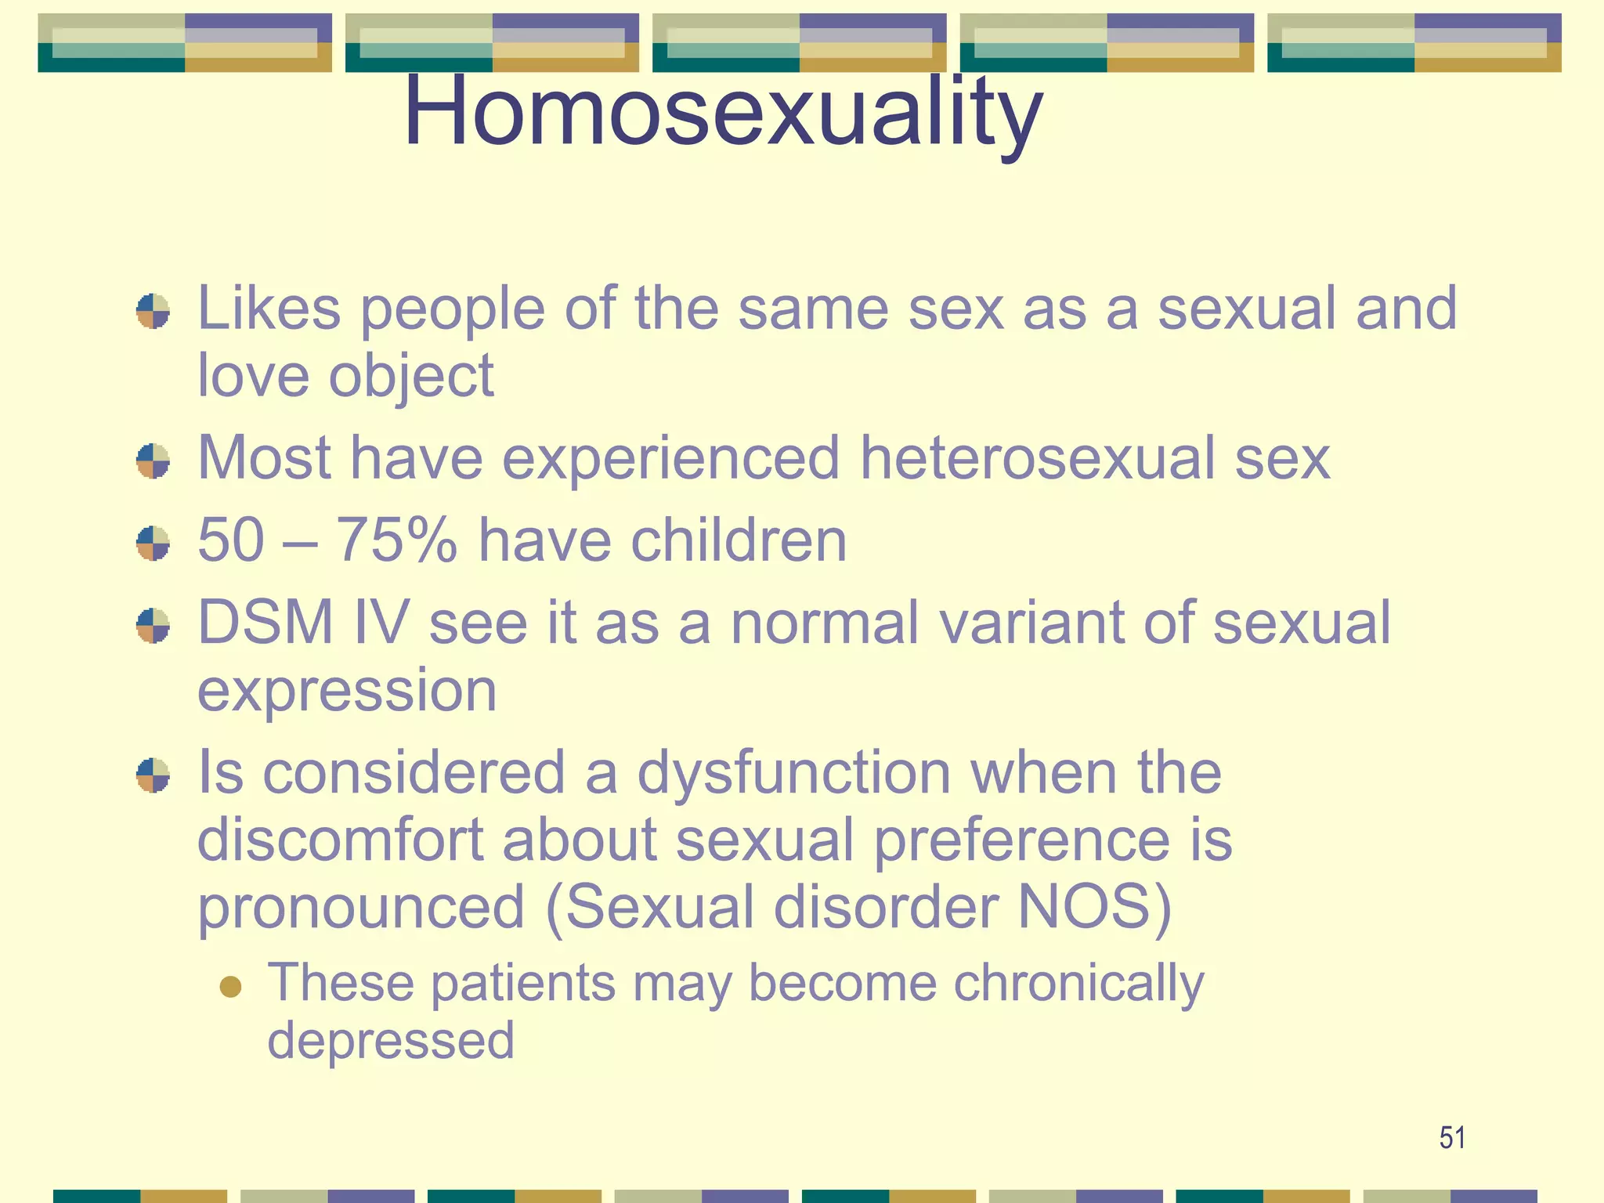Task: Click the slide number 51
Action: [1452, 1137]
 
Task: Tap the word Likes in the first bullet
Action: [269, 309]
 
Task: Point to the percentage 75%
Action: [396, 540]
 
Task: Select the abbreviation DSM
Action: [265, 623]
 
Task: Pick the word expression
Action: [346, 691]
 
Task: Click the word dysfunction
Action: [793, 772]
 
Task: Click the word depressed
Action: [390, 1041]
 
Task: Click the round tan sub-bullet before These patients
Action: [230, 986]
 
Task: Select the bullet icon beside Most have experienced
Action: [153, 461]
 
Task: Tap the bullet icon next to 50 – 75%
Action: [153, 543]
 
